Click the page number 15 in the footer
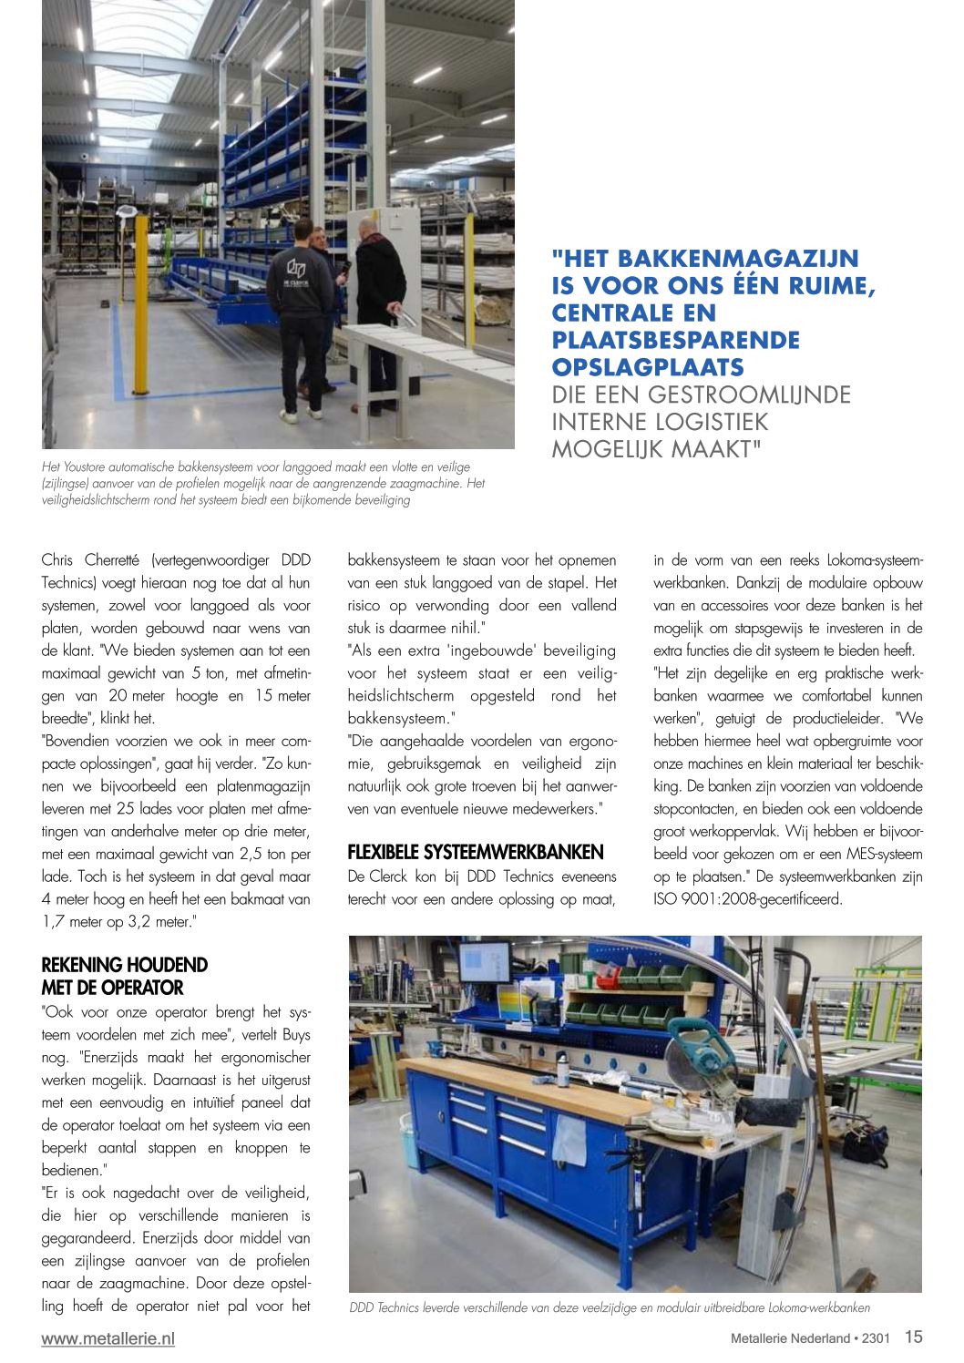[913, 1337]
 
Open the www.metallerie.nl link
[108, 1337]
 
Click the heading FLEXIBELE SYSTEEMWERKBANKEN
[475, 852]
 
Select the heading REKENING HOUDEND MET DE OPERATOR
[124, 976]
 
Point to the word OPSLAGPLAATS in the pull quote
[647, 367]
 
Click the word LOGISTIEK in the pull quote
[703, 422]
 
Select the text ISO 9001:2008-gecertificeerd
[747, 899]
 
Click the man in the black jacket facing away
[378, 310]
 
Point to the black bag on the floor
[865, 1144]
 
